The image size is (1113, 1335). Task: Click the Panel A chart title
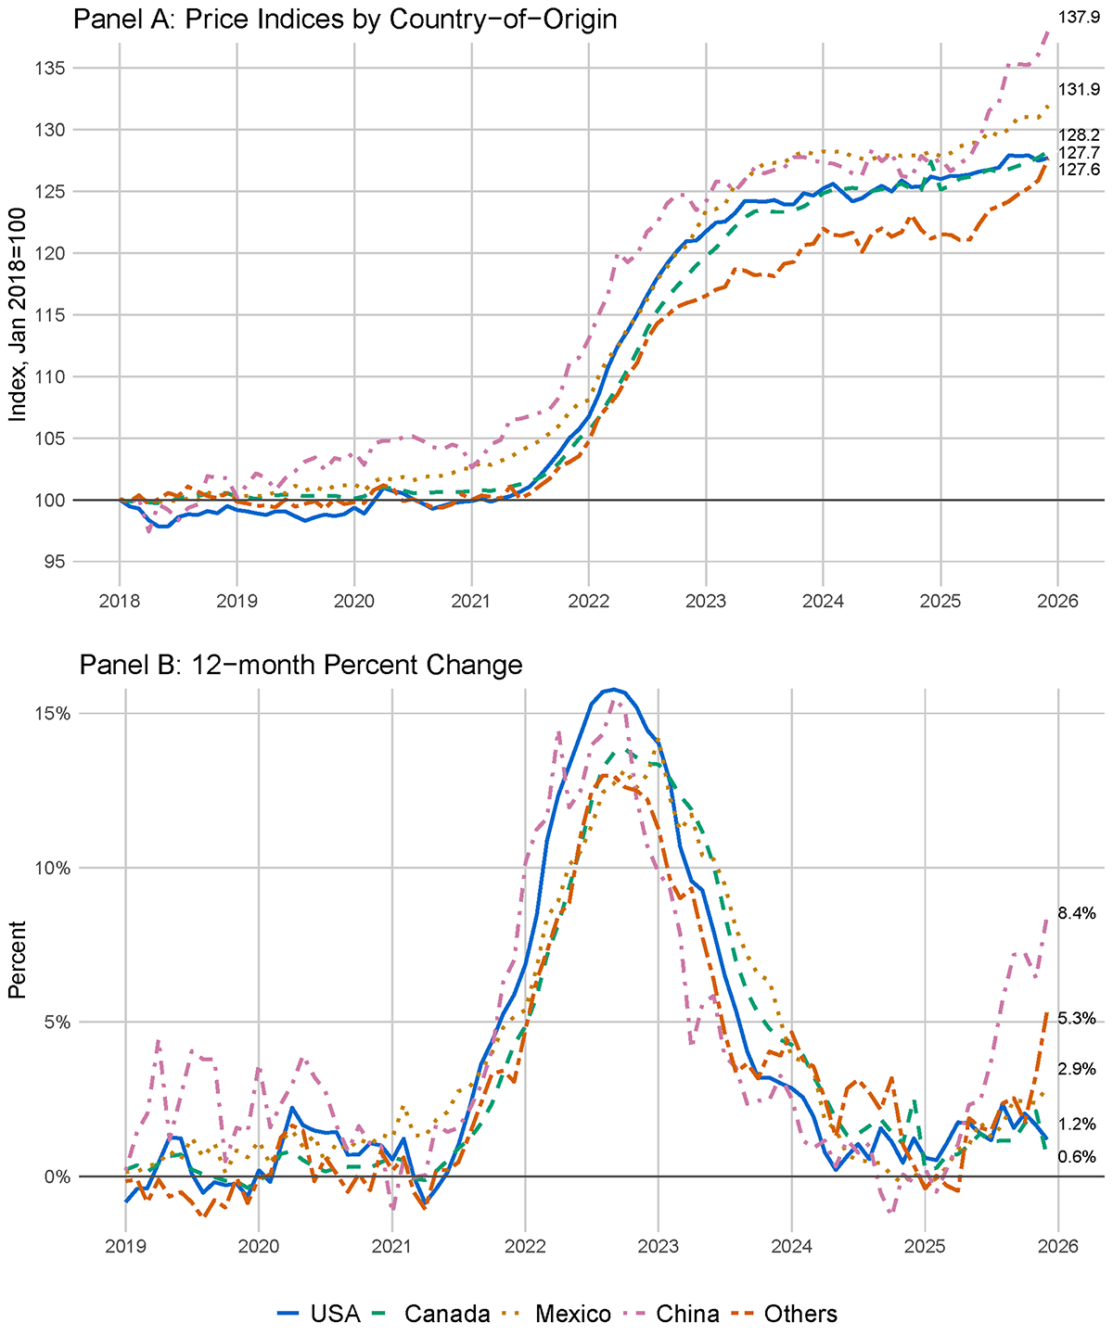pyautogui.click(x=345, y=19)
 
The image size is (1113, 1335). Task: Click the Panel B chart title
pyautogui.click(x=301, y=665)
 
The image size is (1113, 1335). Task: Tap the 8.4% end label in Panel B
pyautogui.click(x=1076, y=912)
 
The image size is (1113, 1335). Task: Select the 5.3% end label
pyautogui.click(x=1076, y=1018)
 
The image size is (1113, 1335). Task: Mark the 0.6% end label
pyautogui.click(x=1076, y=1156)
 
